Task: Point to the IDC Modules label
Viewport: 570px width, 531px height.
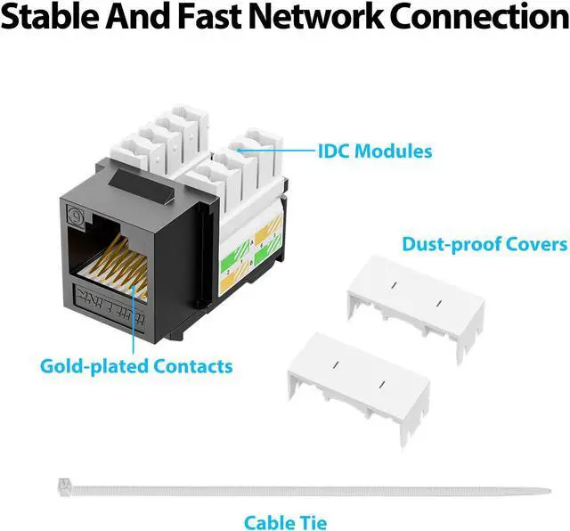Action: point(375,151)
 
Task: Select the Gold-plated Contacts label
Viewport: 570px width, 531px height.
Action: point(136,365)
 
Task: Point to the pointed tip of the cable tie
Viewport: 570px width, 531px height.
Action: point(545,490)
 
